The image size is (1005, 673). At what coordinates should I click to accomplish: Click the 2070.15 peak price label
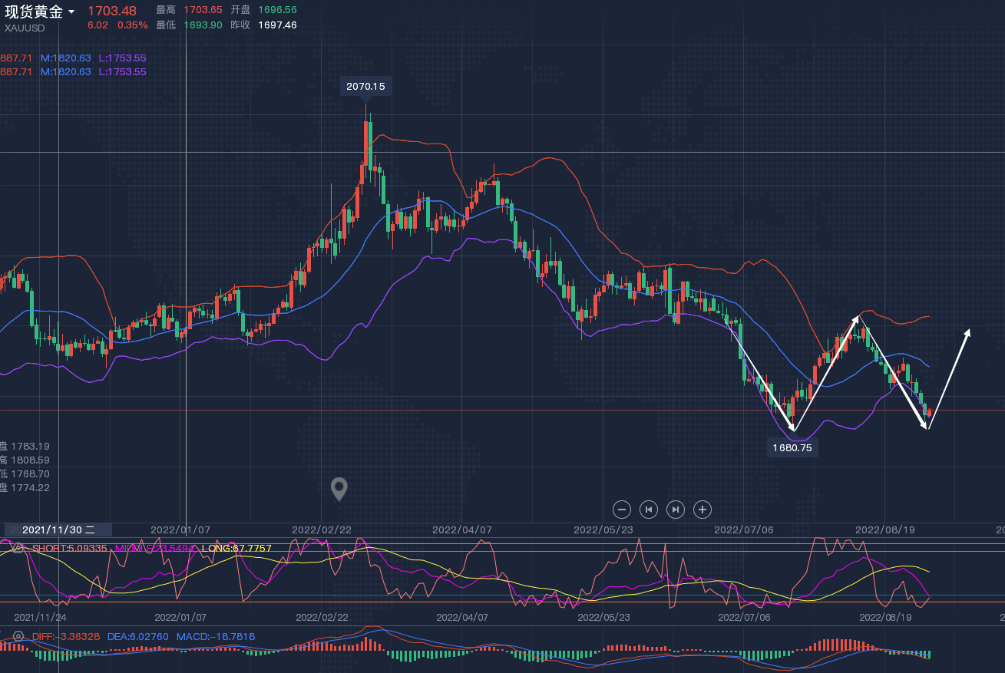(365, 87)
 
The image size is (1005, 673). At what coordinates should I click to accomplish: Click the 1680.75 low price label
(792, 447)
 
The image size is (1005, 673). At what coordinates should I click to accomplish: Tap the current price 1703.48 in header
(112, 11)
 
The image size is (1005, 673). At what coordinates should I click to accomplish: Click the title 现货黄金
(34, 12)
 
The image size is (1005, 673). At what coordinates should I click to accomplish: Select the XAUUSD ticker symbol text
(25, 28)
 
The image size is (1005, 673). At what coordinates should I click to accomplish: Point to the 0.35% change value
(132, 25)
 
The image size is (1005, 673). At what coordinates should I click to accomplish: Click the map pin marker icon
(339, 488)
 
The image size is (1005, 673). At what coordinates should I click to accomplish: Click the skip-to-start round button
(649, 509)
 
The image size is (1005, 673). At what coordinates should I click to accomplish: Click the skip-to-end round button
(676, 509)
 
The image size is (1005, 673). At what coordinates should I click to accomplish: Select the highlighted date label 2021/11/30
(58, 529)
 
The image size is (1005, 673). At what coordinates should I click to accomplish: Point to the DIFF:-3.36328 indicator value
(66, 636)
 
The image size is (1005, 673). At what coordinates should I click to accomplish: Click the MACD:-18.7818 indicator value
(216, 636)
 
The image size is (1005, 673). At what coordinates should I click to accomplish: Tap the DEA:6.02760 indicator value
(143, 636)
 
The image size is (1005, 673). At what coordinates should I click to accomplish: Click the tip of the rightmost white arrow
(970, 329)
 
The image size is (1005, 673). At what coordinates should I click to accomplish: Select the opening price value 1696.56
(278, 10)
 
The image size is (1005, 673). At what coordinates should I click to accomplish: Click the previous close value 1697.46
(278, 25)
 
